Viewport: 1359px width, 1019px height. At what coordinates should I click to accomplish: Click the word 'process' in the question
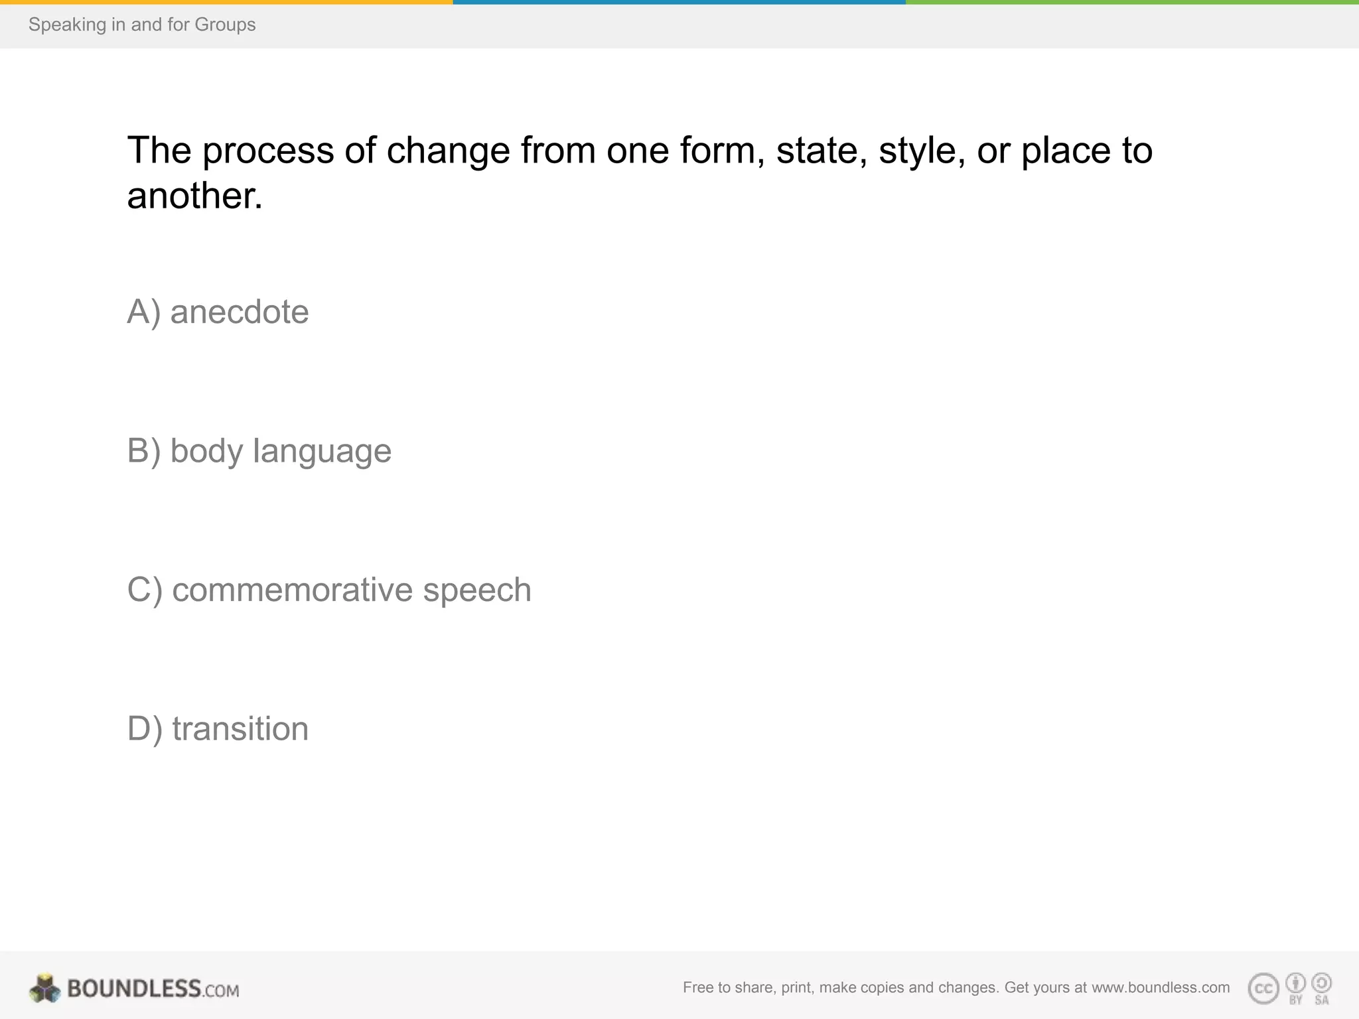click(268, 151)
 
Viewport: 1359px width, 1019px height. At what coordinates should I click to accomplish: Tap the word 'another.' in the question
click(194, 196)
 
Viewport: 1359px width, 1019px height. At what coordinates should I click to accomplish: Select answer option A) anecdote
click(218, 312)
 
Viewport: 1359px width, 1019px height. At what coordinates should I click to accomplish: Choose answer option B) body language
click(259, 451)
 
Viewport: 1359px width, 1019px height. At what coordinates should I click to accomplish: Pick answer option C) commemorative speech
click(329, 590)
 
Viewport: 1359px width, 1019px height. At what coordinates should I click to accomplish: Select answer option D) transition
click(218, 728)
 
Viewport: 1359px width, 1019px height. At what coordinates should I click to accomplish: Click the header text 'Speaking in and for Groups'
click(142, 25)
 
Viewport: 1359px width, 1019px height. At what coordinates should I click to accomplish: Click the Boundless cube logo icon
click(44, 988)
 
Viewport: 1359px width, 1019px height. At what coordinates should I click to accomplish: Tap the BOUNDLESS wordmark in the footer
click(134, 988)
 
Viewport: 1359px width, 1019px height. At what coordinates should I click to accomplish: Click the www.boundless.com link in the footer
click(1161, 988)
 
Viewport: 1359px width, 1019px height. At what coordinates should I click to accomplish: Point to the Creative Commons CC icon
click(1263, 989)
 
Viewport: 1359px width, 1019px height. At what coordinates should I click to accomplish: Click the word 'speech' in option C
click(477, 590)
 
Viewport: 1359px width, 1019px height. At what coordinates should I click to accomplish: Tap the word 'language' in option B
click(322, 451)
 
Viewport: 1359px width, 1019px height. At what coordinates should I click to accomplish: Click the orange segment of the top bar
click(226, 2)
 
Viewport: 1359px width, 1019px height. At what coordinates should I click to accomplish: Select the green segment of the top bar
click(1132, 2)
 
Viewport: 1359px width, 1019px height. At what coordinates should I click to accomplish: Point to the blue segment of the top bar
click(679, 2)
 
